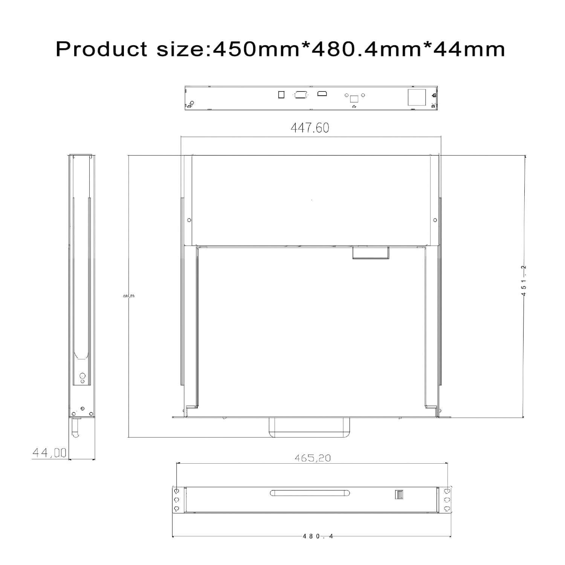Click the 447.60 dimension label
(x=310, y=128)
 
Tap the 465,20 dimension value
(x=313, y=458)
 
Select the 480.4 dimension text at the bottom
(x=318, y=536)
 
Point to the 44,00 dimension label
(x=49, y=452)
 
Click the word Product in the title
(x=101, y=49)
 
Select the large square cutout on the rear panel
(x=417, y=97)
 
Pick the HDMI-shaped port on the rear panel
(x=322, y=93)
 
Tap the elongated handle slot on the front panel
(x=310, y=493)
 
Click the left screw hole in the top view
(x=189, y=220)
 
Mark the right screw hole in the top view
(x=435, y=220)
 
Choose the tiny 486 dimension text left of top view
(x=129, y=296)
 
